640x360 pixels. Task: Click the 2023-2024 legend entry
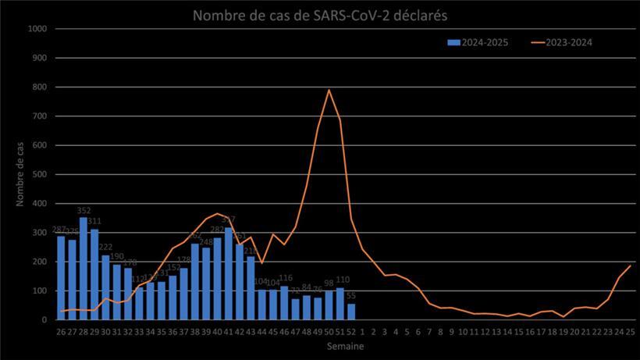pyautogui.click(x=560, y=42)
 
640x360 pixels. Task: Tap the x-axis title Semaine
pyautogui.click(x=344, y=345)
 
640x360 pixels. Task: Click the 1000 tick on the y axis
pyautogui.click(x=38, y=29)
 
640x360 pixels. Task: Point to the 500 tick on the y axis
pyautogui.click(x=41, y=174)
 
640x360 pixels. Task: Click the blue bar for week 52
pyautogui.click(x=351, y=312)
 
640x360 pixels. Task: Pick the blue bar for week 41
pyautogui.click(x=229, y=273)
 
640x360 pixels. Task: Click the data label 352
pyautogui.click(x=84, y=211)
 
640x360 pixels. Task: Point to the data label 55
pyautogui.click(x=351, y=297)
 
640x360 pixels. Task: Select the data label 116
pyautogui.click(x=286, y=279)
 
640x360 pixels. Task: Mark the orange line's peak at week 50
pyautogui.click(x=329, y=90)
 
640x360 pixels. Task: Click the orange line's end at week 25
pyautogui.click(x=630, y=266)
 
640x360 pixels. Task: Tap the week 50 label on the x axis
pyautogui.click(x=329, y=331)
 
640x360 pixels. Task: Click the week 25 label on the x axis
pyautogui.click(x=630, y=331)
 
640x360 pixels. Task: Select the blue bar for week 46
pyautogui.click(x=285, y=303)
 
